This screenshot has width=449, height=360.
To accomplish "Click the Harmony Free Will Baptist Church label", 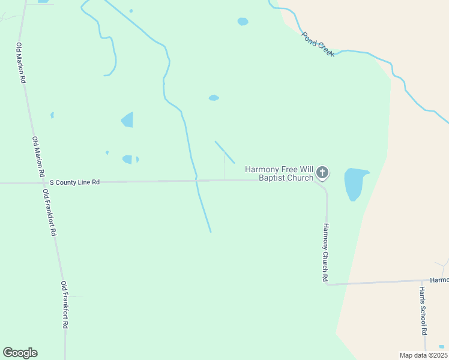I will (x=279, y=174).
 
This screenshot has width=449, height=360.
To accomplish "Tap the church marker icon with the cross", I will (x=322, y=173).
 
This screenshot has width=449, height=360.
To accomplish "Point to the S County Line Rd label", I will (x=74, y=182).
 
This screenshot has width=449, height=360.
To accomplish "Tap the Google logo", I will (x=20, y=353).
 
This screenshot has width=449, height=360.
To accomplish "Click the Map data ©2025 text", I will (x=423, y=355).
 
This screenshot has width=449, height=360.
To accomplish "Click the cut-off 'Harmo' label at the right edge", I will (x=439, y=280).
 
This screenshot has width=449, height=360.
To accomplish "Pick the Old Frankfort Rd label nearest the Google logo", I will (x=64, y=304).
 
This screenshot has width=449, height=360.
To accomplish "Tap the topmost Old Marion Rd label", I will (x=22, y=63).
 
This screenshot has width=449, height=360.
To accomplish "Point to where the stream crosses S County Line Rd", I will (x=196, y=180).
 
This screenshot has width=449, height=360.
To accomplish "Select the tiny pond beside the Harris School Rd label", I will (x=442, y=347).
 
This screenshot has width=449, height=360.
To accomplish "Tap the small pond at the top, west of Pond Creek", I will (x=243, y=22).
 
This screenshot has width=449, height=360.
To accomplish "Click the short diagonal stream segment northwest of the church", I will (x=224, y=152).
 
